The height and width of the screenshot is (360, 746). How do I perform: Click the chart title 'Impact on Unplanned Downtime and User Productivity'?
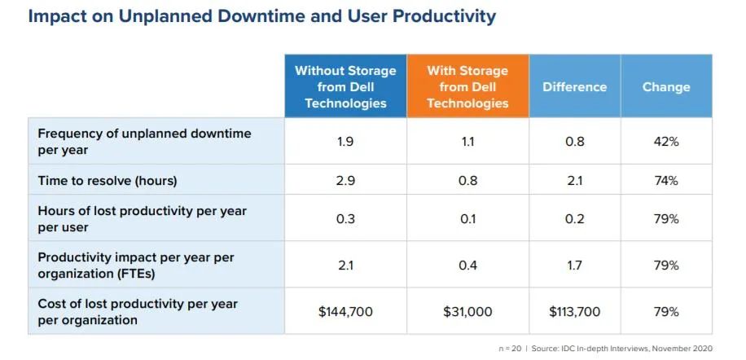pyautogui.click(x=261, y=16)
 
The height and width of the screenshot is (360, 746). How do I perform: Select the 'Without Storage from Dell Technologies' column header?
pyautogui.click(x=345, y=86)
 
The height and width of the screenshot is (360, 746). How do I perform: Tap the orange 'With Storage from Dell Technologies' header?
pyautogui.click(x=467, y=86)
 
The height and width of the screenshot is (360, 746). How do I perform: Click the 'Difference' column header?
pyautogui.click(x=574, y=86)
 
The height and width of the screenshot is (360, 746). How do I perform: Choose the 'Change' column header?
pyautogui.click(x=665, y=86)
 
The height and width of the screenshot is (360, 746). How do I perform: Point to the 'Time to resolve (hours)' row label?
pyautogui.click(x=108, y=180)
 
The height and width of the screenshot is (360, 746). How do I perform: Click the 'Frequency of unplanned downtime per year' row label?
pyautogui.click(x=144, y=141)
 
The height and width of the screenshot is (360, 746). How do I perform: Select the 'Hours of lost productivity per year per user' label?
pyautogui.click(x=142, y=218)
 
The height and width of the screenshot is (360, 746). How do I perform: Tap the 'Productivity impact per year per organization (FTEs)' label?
pyautogui.click(x=136, y=265)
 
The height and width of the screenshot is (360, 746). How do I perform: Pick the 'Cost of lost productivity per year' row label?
pyautogui.click(x=138, y=311)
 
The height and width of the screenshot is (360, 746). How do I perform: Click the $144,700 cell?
pyautogui.click(x=345, y=311)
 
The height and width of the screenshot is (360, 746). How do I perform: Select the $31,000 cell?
pyautogui.click(x=467, y=311)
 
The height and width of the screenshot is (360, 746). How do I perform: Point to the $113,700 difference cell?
pyautogui.click(x=574, y=311)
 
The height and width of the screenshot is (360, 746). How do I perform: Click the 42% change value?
pyautogui.click(x=665, y=141)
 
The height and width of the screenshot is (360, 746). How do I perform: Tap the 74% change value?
pyautogui.click(x=665, y=180)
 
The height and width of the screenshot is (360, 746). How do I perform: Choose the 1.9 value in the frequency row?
pyautogui.click(x=345, y=141)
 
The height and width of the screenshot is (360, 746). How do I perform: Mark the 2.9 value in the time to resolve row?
pyautogui.click(x=345, y=180)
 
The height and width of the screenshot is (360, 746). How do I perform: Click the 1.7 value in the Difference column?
pyautogui.click(x=574, y=265)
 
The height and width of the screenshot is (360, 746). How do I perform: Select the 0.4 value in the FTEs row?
pyautogui.click(x=467, y=265)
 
